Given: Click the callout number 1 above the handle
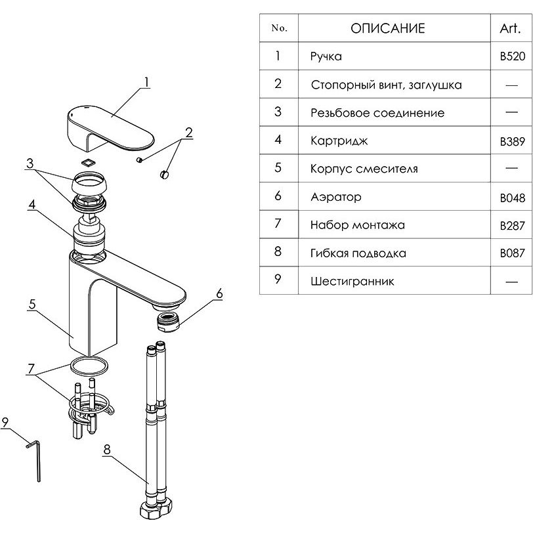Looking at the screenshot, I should [x=147, y=83].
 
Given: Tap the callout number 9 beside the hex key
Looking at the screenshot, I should [x=5, y=423].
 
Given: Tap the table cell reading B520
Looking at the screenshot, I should [x=512, y=56].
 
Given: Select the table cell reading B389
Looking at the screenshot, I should [x=512, y=140].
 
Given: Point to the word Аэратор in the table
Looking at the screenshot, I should [x=336, y=197].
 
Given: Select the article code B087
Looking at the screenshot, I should [x=512, y=253].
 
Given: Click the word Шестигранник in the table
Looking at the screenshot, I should [x=352, y=281].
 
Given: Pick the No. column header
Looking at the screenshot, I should [x=278, y=28].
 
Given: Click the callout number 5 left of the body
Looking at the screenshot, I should [x=30, y=305].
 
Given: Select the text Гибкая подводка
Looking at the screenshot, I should [x=358, y=253].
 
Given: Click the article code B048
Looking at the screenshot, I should [x=512, y=197].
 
